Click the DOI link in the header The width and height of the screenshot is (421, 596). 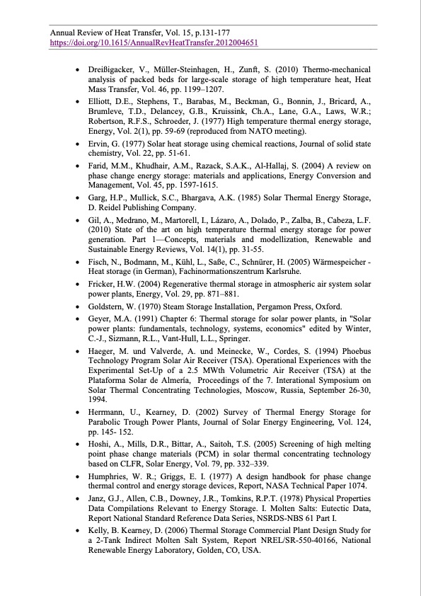pos(153,42)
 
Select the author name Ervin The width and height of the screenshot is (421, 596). pos(98,143)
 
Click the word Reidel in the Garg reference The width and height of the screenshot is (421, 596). pos(110,208)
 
